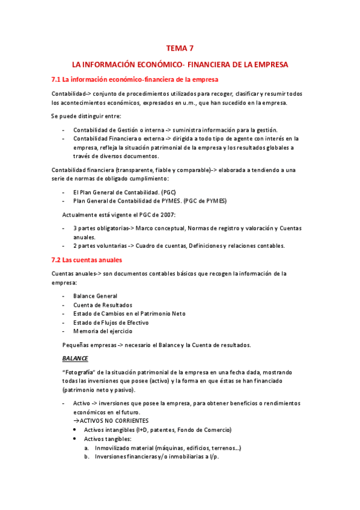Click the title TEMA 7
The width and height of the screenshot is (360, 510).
pos(180,48)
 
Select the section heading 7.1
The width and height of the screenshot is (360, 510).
pos(135,79)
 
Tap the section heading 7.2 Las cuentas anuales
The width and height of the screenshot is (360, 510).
pos(87,260)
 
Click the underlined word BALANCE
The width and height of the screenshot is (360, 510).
pos(75,358)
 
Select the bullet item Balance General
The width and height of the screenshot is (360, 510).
pos(95,296)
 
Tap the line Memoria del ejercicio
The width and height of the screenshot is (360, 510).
pos(103,331)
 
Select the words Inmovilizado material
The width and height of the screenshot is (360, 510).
pos(124,448)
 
